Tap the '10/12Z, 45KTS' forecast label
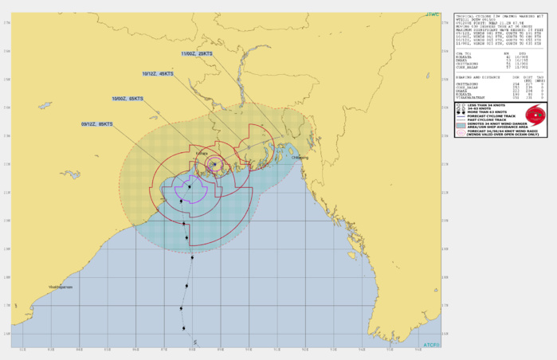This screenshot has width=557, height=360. [x=157, y=73]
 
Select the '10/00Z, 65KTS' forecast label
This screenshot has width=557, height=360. [x=127, y=99]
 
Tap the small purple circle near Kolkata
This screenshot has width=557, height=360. [x=214, y=164]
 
